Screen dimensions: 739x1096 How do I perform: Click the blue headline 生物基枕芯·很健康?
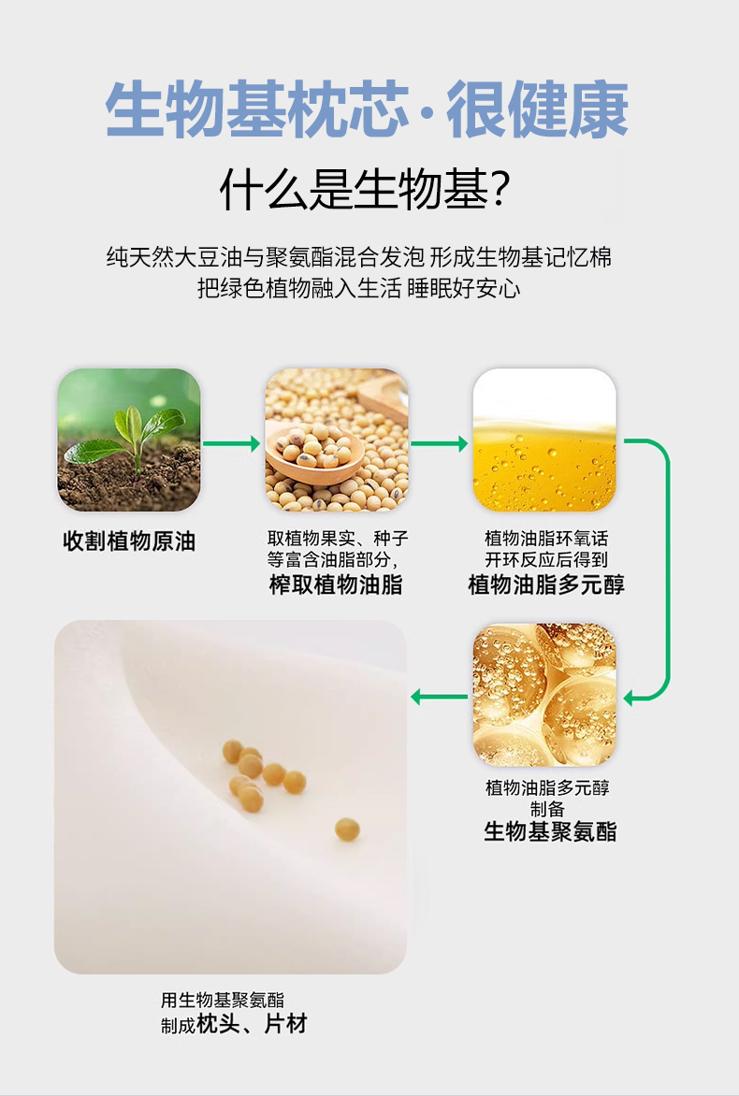click(x=367, y=109)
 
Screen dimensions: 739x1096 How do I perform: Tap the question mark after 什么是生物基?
click(x=500, y=189)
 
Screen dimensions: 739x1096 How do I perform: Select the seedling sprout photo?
click(x=129, y=440)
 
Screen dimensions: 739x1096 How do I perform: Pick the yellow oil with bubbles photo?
click(x=543, y=440)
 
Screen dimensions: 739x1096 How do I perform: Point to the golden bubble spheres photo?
click(x=543, y=695)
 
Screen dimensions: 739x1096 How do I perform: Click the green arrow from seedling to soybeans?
click(x=231, y=443)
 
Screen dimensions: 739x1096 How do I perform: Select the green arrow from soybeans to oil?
click(x=439, y=443)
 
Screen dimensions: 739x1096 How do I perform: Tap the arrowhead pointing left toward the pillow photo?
click(x=418, y=696)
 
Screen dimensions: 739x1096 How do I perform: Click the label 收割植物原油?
click(x=129, y=541)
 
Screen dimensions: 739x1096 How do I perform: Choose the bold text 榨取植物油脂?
click(x=336, y=584)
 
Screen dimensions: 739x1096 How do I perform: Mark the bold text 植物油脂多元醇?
click(x=546, y=584)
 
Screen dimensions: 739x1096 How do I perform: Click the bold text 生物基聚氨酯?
click(x=550, y=831)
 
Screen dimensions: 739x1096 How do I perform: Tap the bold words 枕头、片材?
click(x=252, y=1024)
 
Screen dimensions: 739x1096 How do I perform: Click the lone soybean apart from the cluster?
click(x=347, y=829)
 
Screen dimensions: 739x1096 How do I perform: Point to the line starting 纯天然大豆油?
click(x=358, y=257)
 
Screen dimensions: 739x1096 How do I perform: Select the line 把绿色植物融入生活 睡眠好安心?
click(x=358, y=288)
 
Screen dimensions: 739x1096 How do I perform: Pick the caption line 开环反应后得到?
click(x=546, y=559)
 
